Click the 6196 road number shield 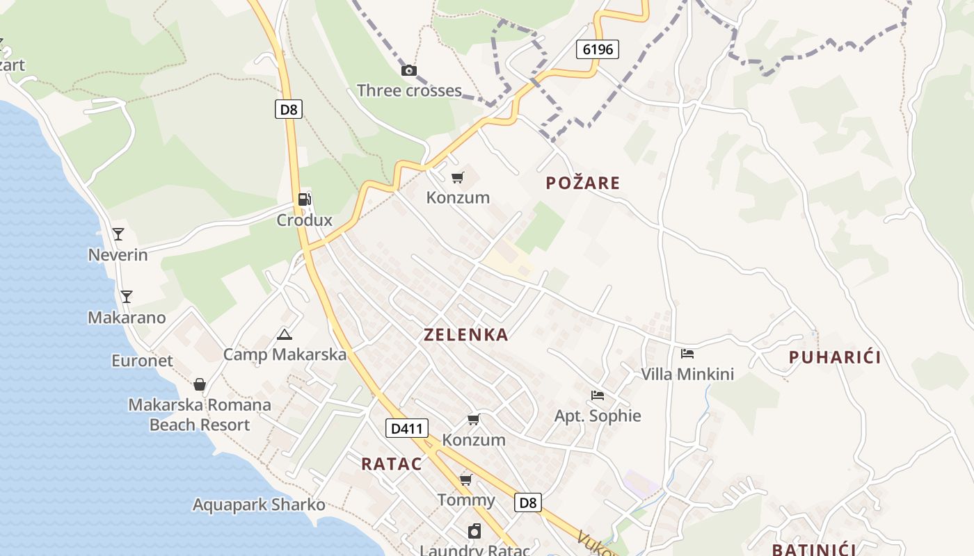598,49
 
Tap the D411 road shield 407,428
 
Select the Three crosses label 409,90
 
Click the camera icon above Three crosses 409,70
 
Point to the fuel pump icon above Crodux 304,199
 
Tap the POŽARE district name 582,183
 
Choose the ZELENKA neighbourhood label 466,335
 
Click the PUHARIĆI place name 835,357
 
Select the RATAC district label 392,464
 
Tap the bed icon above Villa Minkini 687,354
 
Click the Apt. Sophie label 598,416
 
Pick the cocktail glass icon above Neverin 118,234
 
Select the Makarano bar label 127,318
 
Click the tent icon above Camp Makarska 284,334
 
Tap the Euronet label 142,361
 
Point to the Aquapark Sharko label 259,505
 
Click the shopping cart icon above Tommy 466,480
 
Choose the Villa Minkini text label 687,374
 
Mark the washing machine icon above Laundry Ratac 474,532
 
